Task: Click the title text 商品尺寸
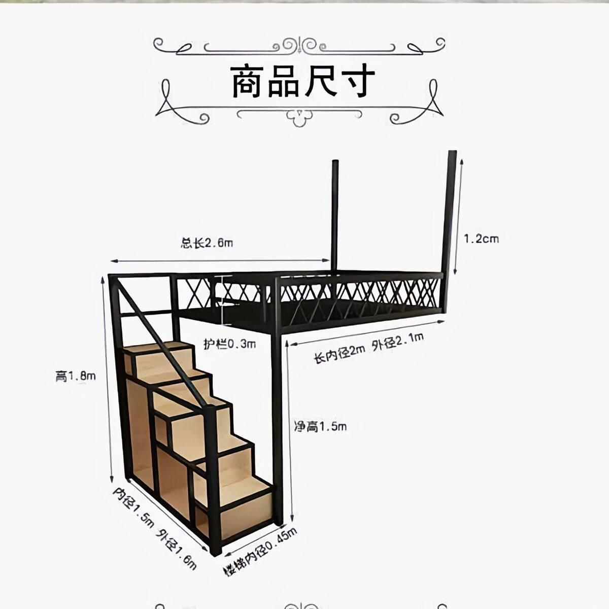(303, 81)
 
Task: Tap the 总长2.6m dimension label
(207, 243)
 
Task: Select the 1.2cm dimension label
(481, 238)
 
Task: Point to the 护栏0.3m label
(230, 344)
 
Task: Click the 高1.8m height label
(76, 377)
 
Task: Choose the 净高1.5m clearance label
(321, 427)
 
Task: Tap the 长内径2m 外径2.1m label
(369, 349)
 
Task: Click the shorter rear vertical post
(334, 213)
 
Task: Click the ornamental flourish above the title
(299, 46)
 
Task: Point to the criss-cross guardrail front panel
(360, 292)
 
